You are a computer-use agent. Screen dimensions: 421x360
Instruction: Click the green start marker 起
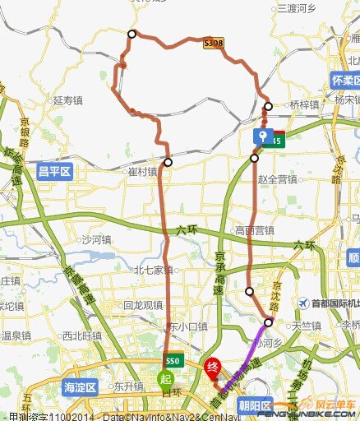tap(165, 379)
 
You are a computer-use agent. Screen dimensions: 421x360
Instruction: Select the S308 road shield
tap(213, 43)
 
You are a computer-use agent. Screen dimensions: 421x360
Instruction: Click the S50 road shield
tap(172, 361)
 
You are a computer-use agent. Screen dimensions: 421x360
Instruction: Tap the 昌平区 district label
tap(55, 171)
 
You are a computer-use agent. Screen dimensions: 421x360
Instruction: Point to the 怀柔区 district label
tap(344, 80)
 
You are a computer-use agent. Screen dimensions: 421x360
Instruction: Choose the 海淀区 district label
tap(80, 386)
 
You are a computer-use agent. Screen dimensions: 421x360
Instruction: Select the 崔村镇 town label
tap(142, 172)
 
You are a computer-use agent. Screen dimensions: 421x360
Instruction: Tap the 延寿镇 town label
tap(68, 100)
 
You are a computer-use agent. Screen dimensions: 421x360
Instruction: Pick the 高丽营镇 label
tap(254, 230)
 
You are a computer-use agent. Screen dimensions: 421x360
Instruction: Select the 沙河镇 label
tap(96, 240)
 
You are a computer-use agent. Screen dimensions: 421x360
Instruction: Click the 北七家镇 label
tap(154, 269)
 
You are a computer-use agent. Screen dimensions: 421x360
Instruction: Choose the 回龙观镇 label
tap(142, 304)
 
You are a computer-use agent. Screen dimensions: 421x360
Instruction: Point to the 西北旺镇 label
tap(81, 335)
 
